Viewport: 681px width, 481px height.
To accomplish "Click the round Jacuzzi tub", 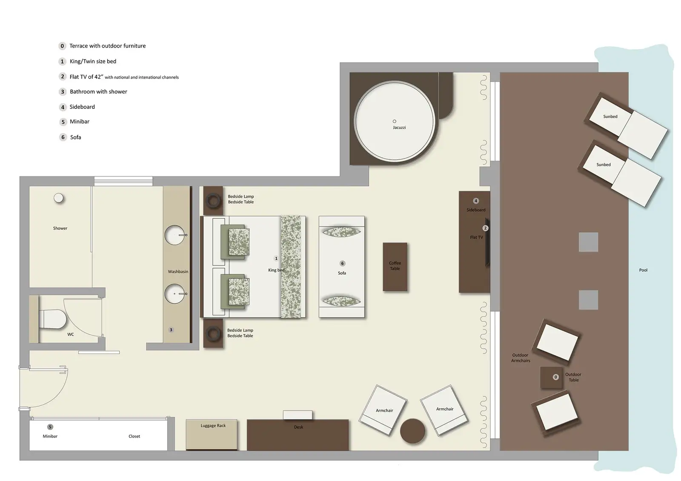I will tap(395, 121).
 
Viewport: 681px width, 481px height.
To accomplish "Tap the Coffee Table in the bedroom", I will tap(395, 267).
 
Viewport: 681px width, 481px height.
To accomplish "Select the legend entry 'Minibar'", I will tap(80, 122).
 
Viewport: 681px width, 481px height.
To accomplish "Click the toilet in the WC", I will tap(53, 319).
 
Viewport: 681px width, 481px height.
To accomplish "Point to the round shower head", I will tap(59, 198).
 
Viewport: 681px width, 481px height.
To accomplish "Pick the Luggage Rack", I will tap(212, 434).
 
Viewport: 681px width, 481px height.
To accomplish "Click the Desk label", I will tap(298, 427).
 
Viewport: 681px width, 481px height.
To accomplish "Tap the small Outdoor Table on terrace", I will tap(551, 377).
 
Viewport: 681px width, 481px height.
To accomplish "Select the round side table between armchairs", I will tap(412, 431).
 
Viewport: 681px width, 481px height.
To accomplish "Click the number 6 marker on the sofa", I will tap(342, 263).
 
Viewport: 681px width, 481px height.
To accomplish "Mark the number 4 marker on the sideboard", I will tap(476, 201).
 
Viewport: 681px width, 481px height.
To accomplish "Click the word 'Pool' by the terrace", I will tap(643, 270).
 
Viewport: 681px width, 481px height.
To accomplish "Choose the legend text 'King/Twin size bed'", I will tap(93, 61).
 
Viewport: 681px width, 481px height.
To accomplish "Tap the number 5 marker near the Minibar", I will tap(50, 427).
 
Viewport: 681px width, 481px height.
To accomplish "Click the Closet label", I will tap(134, 436).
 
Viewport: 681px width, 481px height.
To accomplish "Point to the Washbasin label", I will tap(178, 271).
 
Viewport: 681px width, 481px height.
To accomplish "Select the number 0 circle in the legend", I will tap(62, 46).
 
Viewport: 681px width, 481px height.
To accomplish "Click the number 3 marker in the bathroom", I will tap(171, 330).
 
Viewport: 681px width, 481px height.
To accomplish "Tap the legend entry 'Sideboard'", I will tap(82, 107).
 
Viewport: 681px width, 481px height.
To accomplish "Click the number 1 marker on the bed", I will tap(276, 258).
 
